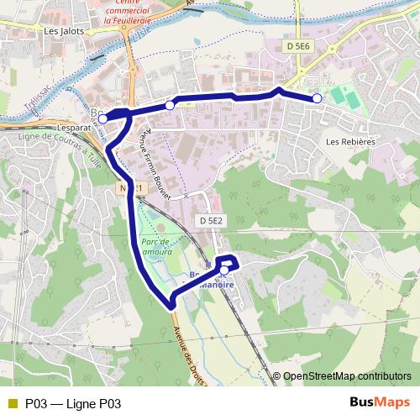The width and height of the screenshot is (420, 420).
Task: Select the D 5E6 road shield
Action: click(297, 47)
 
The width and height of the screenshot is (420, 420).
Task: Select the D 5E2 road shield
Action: click(211, 221)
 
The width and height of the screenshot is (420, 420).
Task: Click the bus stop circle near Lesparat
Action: click(102, 119)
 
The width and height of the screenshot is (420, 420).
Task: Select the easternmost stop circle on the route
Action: click(318, 99)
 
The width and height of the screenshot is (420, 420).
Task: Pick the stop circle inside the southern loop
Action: click(224, 270)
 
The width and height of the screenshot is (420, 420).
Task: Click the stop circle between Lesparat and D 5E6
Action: click(171, 105)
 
